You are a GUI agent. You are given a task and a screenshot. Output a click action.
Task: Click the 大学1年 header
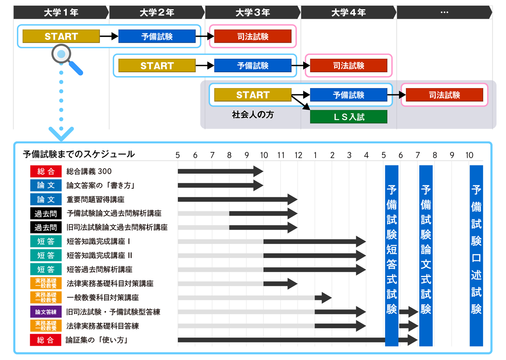point(61,12)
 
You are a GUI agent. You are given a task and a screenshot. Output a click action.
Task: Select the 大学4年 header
point(348,12)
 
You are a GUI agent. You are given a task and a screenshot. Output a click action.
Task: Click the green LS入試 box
point(349,117)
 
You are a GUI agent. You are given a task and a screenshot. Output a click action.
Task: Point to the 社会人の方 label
point(253,115)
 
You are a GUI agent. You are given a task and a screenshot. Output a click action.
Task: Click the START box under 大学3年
point(253,95)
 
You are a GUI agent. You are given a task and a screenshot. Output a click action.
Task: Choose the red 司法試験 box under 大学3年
point(253,36)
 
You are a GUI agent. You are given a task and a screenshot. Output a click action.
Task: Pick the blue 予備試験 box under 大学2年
point(157,36)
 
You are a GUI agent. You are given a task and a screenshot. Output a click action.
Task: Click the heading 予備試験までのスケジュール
point(79,154)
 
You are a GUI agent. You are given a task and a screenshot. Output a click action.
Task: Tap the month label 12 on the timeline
point(298,155)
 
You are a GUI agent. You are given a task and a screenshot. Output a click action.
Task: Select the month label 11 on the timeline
point(281,155)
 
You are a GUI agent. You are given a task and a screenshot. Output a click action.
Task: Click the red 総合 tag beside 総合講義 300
point(46,171)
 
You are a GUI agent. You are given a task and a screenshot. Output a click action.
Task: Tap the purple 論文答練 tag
point(46,312)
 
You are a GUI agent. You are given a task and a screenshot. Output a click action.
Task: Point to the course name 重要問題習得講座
point(95,199)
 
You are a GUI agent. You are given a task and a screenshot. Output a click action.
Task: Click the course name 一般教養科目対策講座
point(102,297)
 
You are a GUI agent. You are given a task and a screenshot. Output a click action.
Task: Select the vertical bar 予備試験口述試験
point(476,255)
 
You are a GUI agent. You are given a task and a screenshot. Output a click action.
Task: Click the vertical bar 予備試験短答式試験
point(392,255)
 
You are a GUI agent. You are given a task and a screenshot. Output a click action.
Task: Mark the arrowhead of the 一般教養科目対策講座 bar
point(326,297)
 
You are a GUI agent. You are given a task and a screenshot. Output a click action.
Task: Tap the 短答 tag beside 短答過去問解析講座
point(46,269)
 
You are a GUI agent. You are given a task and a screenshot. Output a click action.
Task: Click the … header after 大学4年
point(444,12)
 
